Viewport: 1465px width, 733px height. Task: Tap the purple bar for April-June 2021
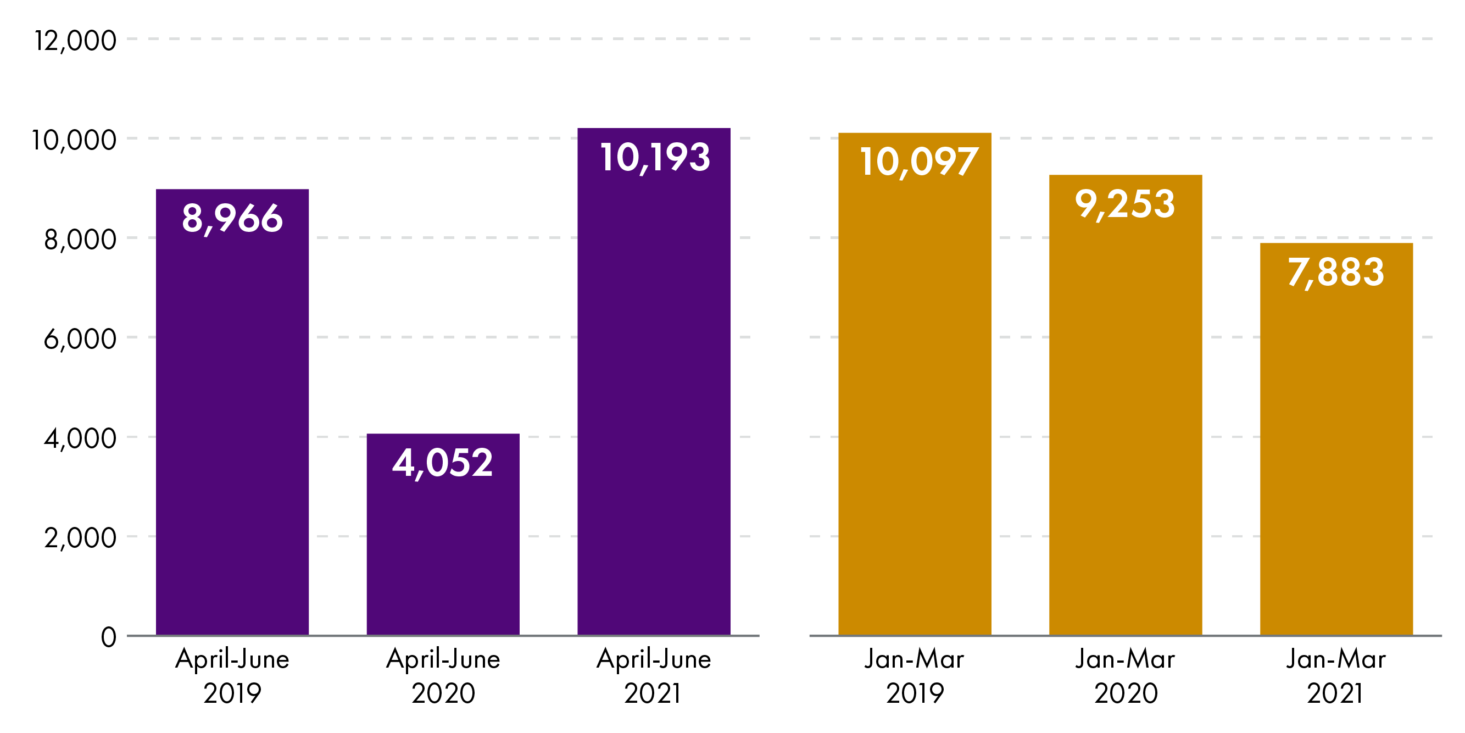coord(654,398)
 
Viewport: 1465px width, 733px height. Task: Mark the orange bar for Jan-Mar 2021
coord(1336,456)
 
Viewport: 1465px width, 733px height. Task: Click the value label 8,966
coord(232,218)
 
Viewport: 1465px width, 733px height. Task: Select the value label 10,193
coord(655,157)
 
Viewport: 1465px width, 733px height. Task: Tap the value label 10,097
coord(918,162)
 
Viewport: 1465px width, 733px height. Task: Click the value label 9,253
coord(1124,204)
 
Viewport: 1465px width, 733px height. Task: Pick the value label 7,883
coord(1335,272)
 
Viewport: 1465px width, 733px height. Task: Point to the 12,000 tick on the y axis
coord(75,41)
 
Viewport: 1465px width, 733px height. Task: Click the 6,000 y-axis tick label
coord(80,339)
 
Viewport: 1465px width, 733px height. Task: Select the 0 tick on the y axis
coord(109,637)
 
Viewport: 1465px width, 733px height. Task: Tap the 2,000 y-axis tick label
coord(80,538)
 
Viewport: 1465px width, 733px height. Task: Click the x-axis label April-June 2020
coord(443,676)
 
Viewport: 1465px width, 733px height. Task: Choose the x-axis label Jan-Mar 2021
coord(1335,676)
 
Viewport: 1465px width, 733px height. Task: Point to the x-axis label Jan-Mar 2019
coord(914,676)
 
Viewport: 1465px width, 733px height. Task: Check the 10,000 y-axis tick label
coord(74,140)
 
